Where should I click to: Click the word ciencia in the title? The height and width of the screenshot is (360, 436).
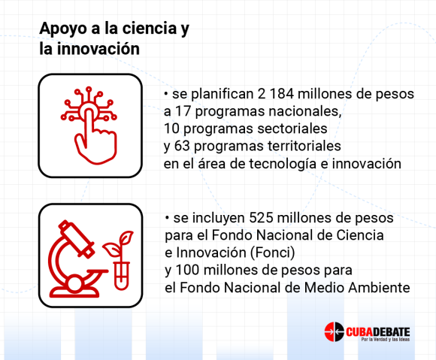click(x=150, y=28)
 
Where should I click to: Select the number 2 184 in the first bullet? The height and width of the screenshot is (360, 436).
click(x=276, y=94)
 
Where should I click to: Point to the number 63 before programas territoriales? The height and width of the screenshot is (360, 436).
click(x=182, y=146)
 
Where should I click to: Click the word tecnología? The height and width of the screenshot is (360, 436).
click(x=283, y=164)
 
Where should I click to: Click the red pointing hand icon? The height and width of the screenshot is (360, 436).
click(x=89, y=125)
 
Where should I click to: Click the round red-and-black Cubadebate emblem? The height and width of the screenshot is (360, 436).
click(x=335, y=331)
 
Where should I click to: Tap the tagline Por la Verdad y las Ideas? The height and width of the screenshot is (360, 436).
click(x=386, y=340)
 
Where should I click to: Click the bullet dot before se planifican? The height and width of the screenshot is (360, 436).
click(x=166, y=94)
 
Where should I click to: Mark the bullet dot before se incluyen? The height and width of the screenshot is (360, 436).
click(x=167, y=218)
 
